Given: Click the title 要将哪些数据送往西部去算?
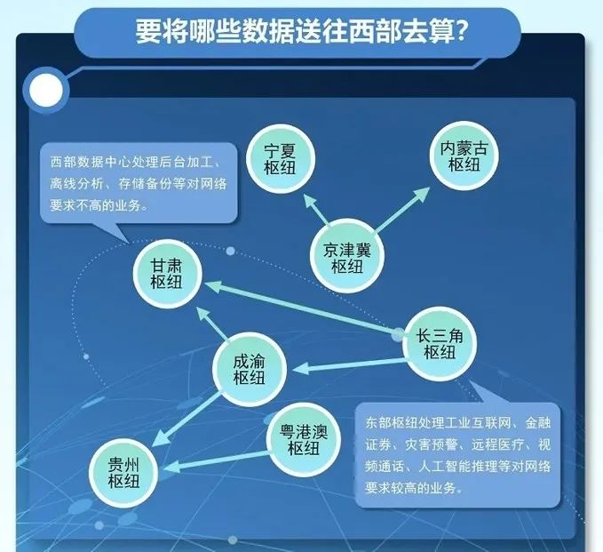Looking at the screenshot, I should point(302,33).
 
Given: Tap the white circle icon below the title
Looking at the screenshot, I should point(45,88).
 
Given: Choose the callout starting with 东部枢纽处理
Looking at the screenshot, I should point(458,454).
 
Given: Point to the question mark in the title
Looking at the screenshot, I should point(461,33).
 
